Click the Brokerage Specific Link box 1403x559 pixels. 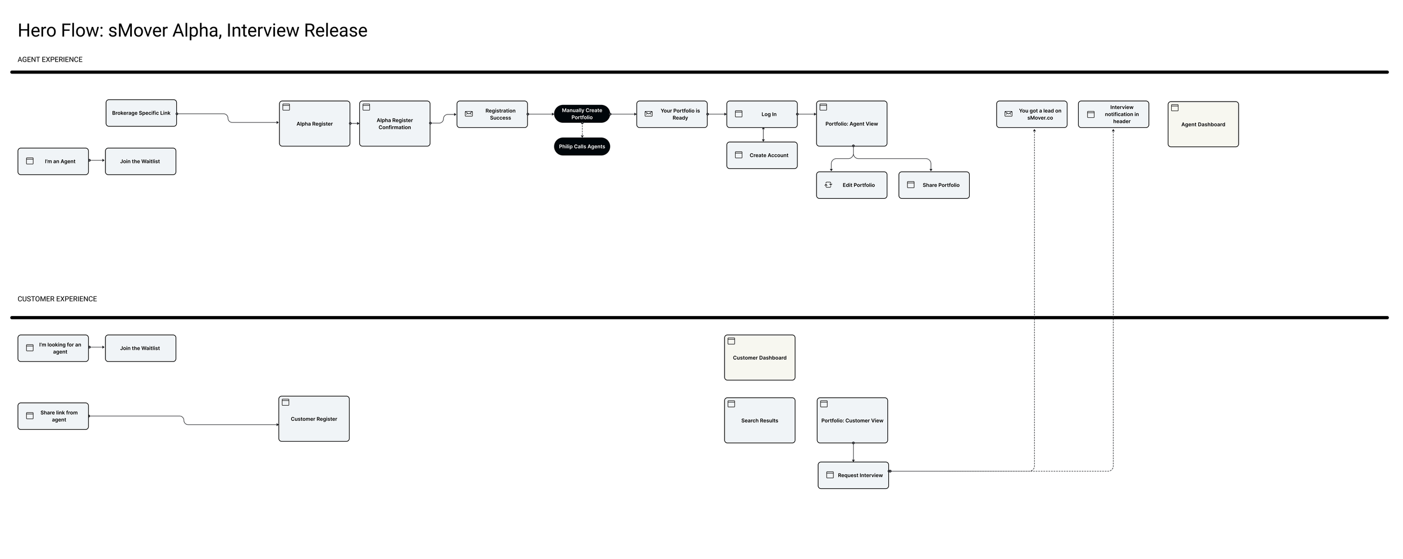point(141,113)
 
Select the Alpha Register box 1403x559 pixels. point(314,124)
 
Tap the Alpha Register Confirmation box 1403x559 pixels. point(395,124)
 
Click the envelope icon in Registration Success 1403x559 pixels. point(469,114)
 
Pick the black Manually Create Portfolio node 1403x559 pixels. point(581,114)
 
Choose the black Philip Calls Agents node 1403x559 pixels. point(581,146)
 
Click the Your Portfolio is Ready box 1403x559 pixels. point(671,114)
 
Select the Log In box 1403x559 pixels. point(762,114)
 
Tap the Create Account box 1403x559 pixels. point(762,155)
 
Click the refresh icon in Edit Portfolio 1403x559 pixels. point(828,185)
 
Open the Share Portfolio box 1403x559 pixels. point(933,185)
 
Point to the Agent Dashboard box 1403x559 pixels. point(1203,125)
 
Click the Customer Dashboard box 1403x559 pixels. point(759,358)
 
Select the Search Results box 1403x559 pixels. point(759,420)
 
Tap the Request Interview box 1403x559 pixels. point(853,475)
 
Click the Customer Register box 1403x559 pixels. point(314,419)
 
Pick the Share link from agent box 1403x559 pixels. point(53,416)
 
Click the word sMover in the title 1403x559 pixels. point(138,30)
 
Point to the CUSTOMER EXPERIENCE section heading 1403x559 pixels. point(57,299)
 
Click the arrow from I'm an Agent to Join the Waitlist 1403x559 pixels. point(97,161)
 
